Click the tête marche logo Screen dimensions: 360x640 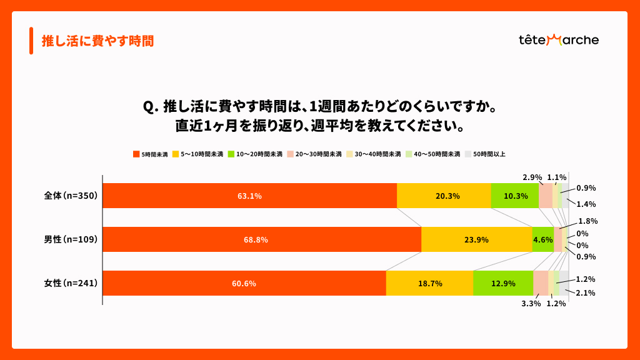(558, 40)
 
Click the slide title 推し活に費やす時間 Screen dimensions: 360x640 (97, 41)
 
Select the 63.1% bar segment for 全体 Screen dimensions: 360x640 (249, 196)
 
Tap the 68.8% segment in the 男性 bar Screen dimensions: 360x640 (262, 239)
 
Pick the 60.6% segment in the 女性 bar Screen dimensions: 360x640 (244, 283)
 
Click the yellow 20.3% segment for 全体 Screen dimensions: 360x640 (444, 196)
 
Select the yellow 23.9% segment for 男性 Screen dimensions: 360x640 (476, 239)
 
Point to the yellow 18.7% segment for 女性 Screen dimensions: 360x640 (429, 283)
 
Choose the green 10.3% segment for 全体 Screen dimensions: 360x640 (514, 196)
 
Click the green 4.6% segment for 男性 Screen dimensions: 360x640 (542, 239)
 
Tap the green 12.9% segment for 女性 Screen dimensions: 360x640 (503, 283)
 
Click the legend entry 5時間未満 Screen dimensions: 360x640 (151, 154)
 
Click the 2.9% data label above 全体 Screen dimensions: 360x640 (532, 177)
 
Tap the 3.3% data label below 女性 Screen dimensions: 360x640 (531, 304)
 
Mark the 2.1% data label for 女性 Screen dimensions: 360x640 (586, 292)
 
